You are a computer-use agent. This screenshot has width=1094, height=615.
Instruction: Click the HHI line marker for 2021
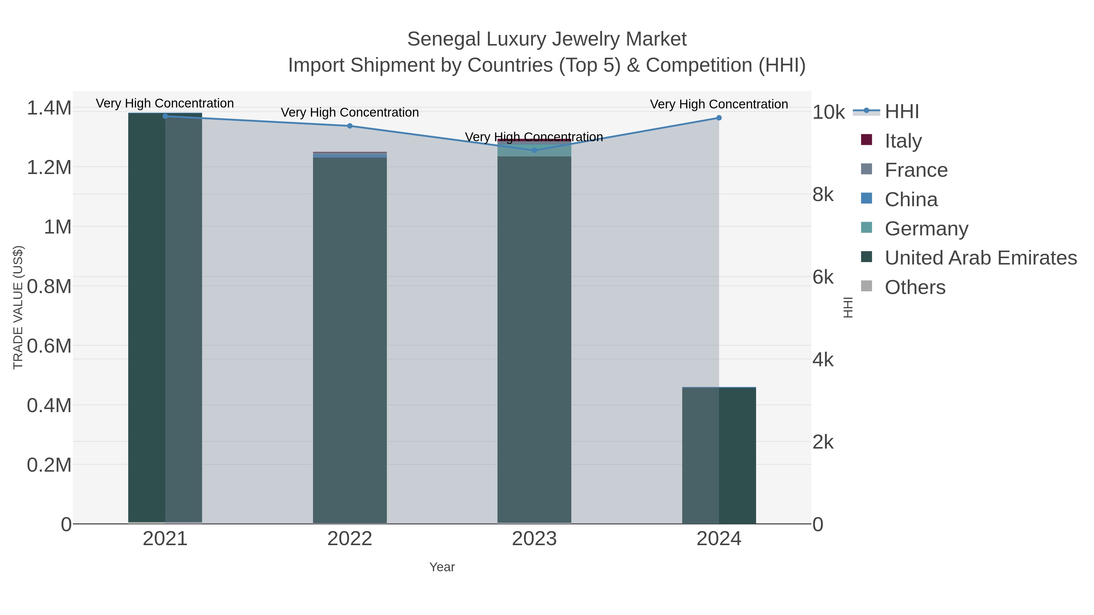165,116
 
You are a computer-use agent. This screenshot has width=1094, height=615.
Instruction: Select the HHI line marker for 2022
349,126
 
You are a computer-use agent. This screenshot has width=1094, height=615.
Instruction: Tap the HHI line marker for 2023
534,150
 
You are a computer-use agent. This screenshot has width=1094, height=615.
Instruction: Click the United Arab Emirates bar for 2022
349,340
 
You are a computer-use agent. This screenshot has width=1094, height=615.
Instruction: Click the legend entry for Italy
903,141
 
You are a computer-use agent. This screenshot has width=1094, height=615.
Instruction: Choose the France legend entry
916,170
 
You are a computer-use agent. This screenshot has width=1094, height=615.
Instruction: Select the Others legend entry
914,287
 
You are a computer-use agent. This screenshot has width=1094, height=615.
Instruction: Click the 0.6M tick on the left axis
49,346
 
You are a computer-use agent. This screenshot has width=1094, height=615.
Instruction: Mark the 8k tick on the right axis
823,194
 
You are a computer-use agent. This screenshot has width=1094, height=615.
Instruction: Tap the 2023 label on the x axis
534,538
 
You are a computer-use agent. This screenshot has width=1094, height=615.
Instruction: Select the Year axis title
442,567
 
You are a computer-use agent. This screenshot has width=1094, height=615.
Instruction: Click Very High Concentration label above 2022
349,112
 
